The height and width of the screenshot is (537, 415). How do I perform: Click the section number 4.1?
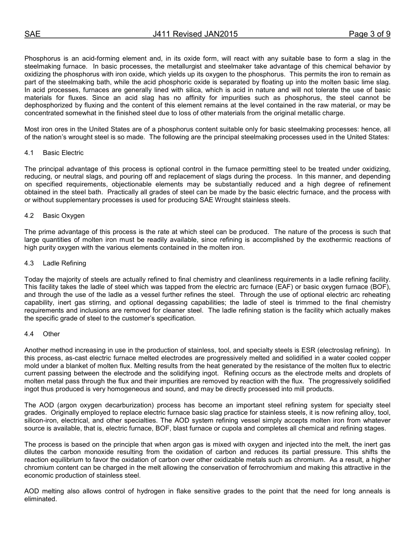[29, 153]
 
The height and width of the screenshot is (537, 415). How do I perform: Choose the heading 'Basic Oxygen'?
[64, 216]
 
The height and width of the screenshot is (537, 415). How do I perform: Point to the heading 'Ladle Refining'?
[64, 263]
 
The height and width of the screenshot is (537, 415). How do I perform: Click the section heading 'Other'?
[51, 334]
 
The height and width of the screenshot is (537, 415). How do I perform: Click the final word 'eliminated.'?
[41, 499]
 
